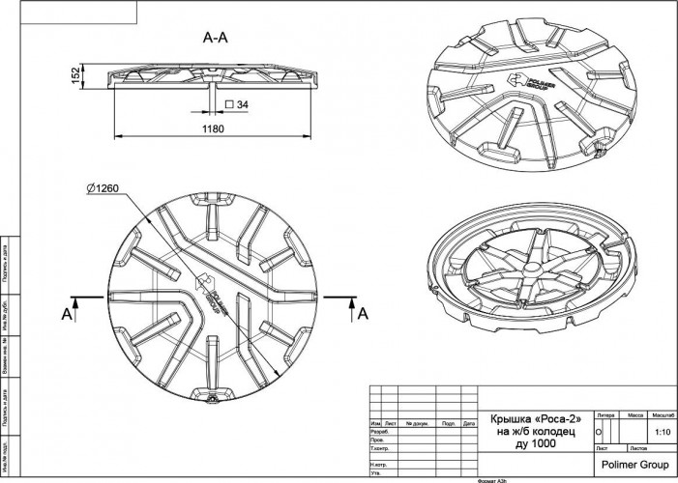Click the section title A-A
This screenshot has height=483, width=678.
pos(215,39)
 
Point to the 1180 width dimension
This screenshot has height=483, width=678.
pos(213,128)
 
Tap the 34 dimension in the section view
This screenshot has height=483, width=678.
pos(242,103)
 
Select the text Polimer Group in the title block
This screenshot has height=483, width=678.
pos(634,465)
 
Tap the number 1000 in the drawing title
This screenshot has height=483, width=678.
pos(547,443)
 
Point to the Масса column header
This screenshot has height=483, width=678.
pos(635,413)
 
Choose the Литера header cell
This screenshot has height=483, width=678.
pos(606,413)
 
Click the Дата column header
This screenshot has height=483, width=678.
pos(469,423)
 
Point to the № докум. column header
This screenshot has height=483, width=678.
pos(418,423)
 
